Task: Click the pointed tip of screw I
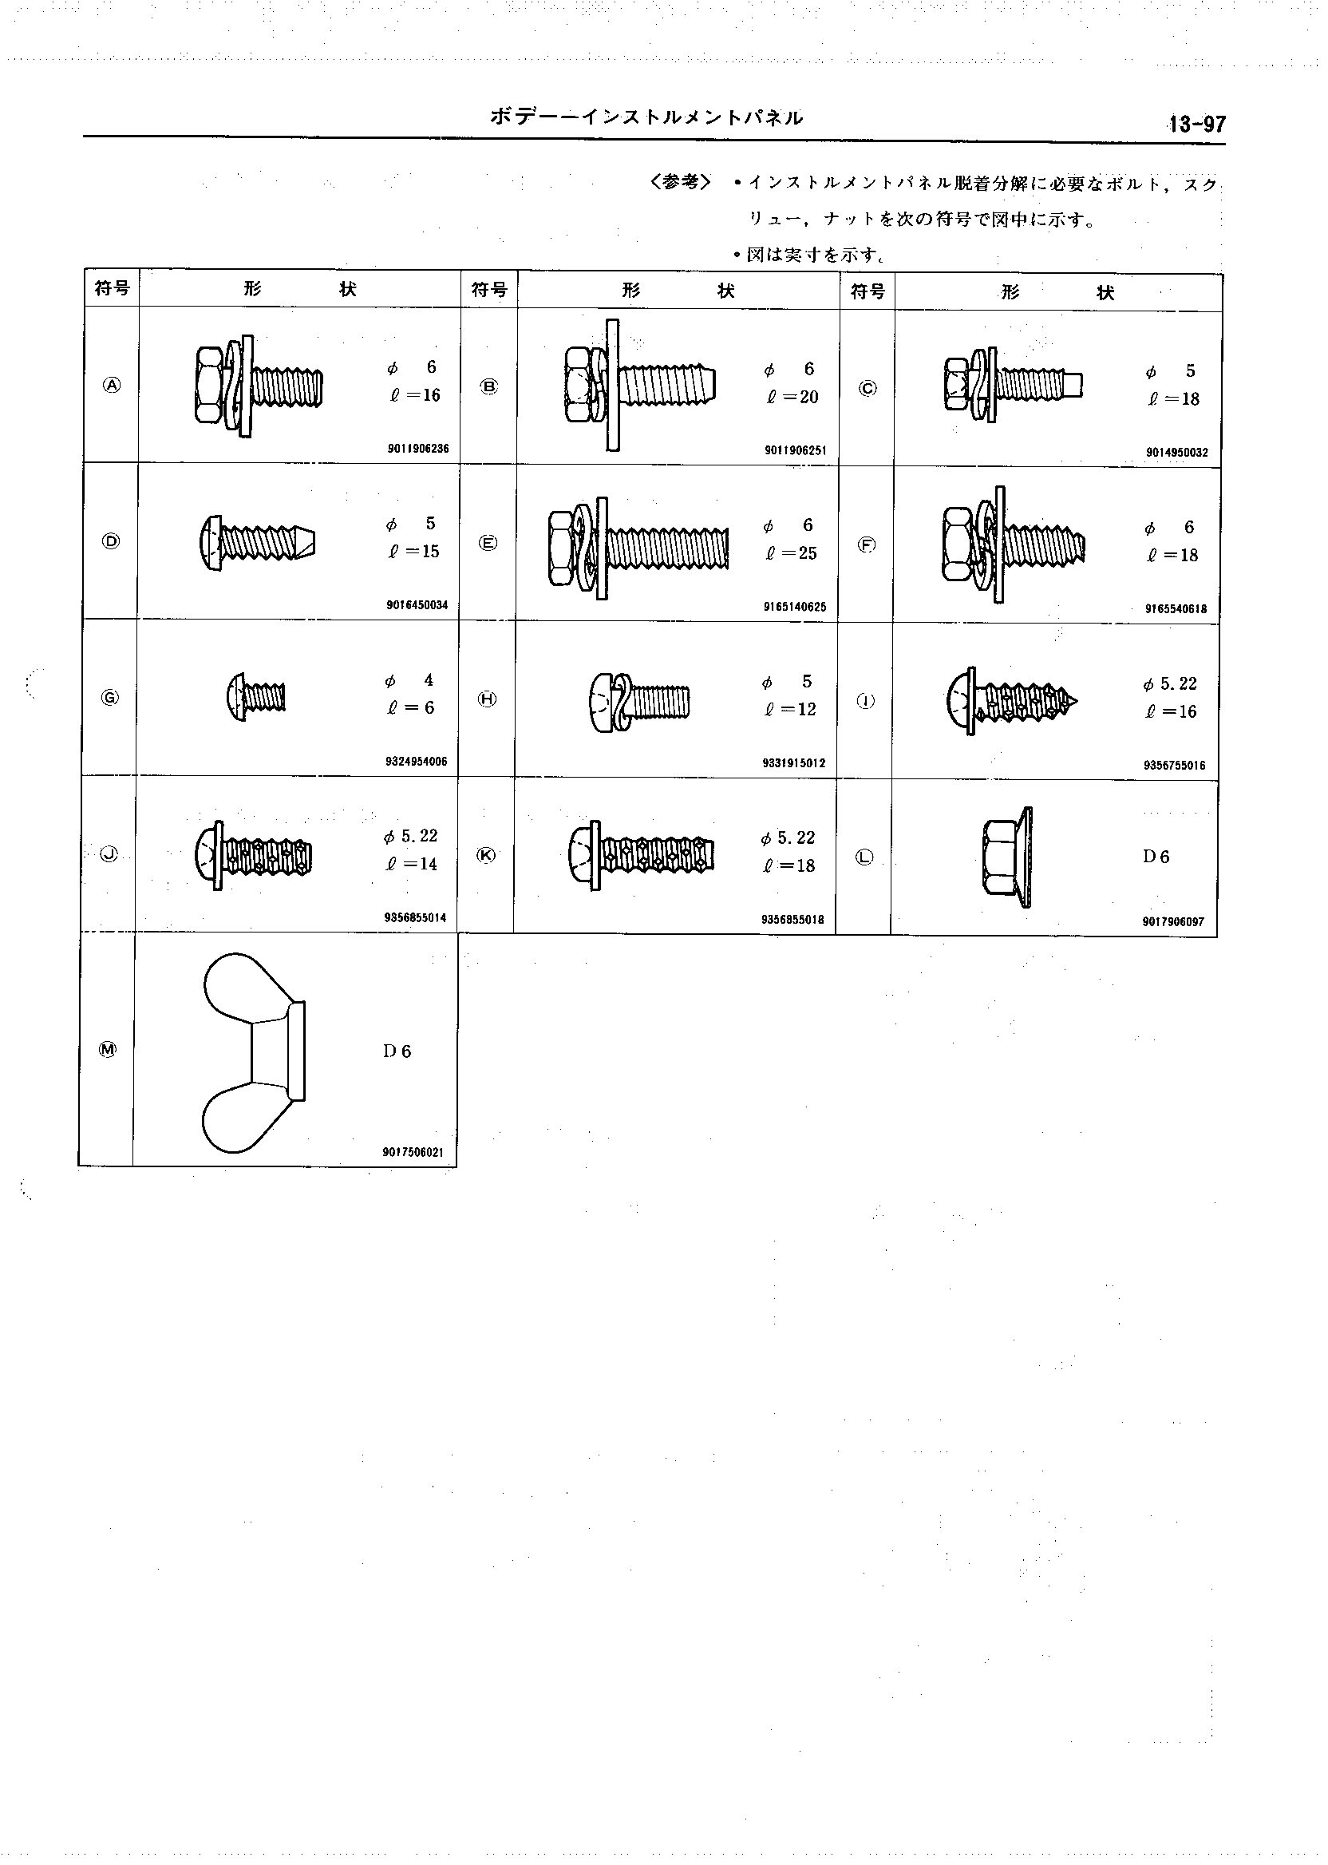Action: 1078,702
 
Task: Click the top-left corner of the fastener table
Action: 85,270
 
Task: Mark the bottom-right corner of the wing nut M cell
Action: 457,1166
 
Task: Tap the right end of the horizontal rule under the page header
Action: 1226,145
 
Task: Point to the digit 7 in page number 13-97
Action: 1220,125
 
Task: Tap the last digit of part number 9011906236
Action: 446,449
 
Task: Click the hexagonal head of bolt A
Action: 209,384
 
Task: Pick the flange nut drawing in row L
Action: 1006,857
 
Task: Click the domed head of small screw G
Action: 235,698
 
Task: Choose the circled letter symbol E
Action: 488,543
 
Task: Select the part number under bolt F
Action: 1176,608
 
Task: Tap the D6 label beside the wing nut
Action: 397,1051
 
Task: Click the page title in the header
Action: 646,118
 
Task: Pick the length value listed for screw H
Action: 791,709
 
